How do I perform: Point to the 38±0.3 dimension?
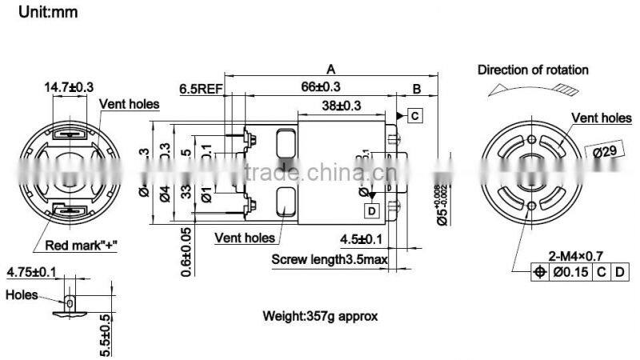(x=342, y=106)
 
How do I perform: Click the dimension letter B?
(x=417, y=87)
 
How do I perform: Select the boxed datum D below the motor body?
(x=373, y=211)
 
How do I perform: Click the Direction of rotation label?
(x=533, y=70)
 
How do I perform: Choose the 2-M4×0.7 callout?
(x=573, y=256)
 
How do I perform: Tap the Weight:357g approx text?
(x=320, y=316)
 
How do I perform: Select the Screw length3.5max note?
(x=330, y=259)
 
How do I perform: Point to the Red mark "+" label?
(x=81, y=246)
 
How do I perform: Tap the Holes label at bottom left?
(x=22, y=294)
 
